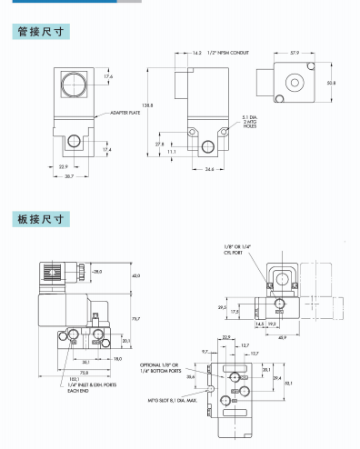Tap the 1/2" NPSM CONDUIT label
pyautogui.click(x=226, y=54)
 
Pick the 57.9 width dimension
pyautogui.click(x=295, y=54)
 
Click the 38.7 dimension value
pyautogui.click(x=69, y=175)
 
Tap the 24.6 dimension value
pyautogui.click(x=210, y=169)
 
